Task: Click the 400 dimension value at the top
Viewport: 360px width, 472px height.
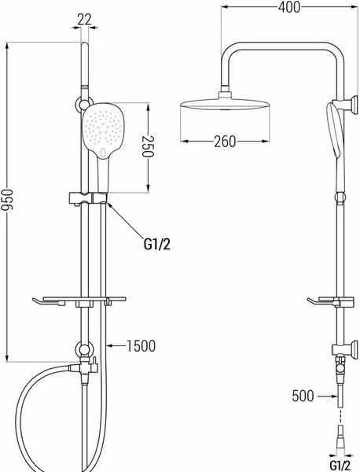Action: pos(289,7)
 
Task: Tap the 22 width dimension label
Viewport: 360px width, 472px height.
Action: pos(84,20)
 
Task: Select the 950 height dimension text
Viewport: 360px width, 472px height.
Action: pos(6,200)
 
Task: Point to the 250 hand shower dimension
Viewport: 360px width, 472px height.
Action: pos(148,146)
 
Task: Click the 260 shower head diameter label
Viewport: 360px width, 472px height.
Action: pos(225,142)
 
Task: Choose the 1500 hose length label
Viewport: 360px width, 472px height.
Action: pos(141,346)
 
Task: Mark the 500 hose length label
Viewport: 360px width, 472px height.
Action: pos(303,396)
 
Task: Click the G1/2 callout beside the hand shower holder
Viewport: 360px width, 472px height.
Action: pos(157,244)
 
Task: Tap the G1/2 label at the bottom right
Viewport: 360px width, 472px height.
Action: pos(340,466)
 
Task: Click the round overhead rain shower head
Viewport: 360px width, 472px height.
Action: pos(225,105)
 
